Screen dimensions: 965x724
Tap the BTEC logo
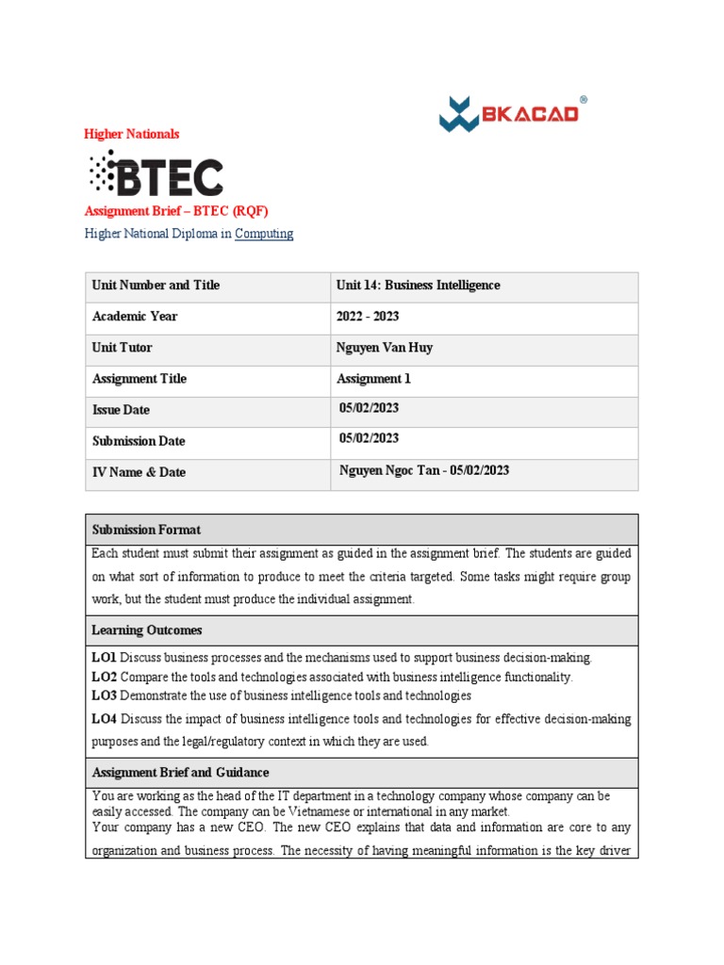(x=156, y=174)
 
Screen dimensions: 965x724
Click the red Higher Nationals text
(x=132, y=135)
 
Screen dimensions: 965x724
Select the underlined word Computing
(x=264, y=234)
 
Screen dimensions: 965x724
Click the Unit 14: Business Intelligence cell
(x=418, y=286)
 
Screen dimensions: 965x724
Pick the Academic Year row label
(x=135, y=317)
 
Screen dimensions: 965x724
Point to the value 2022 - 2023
(x=370, y=317)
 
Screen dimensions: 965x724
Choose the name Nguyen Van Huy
(x=385, y=348)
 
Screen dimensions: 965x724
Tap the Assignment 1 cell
(x=374, y=379)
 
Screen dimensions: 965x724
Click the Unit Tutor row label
(x=122, y=348)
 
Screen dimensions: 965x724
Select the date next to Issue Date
(x=370, y=408)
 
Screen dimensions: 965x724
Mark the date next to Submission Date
(x=370, y=438)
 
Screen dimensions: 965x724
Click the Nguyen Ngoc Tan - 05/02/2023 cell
(x=424, y=470)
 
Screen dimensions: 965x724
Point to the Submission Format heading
(x=146, y=530)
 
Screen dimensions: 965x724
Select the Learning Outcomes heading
(x=147, y=630)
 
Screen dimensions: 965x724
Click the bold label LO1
(x=104, y=657)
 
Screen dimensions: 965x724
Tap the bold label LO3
(x=104, y=695)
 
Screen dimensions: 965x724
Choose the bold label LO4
(x=104, y=719)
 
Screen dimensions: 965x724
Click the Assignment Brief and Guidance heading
(x=180, y=773)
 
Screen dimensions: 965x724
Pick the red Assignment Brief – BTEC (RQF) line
(x=183, y=210)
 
